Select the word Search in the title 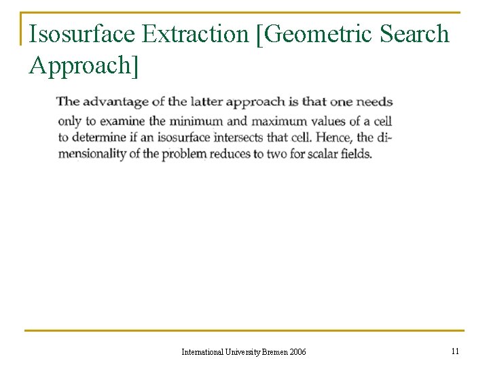(x=415, y=33)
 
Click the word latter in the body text (x=206, y=102)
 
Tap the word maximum (x=278, y=121)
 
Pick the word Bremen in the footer (x=274, y=352)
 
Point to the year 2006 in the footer (x=298, y=352)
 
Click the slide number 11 (x=455, y=351)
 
